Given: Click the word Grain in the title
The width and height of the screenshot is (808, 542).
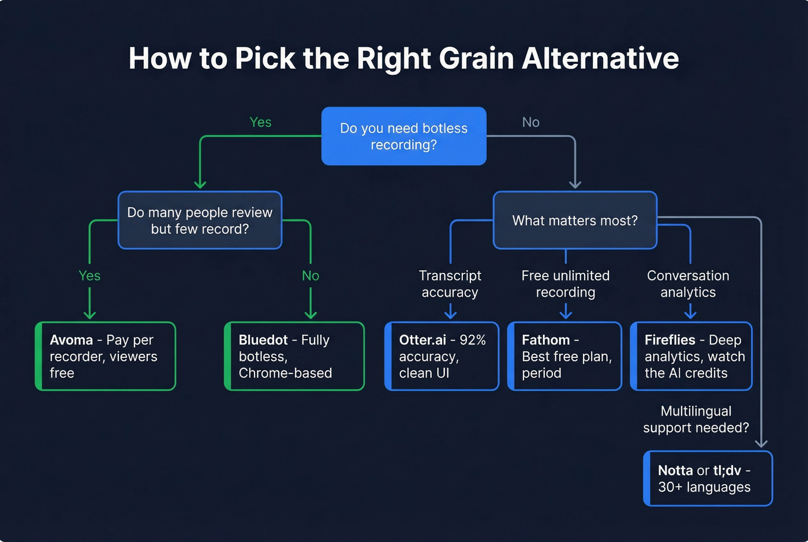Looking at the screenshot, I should [476, 58].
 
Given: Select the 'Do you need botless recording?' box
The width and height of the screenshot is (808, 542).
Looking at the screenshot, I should [403, 136].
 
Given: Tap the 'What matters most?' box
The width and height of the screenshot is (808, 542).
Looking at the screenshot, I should [575, 220].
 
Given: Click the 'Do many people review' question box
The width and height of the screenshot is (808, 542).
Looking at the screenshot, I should [200, 220].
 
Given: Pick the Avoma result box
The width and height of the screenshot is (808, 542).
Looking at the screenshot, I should [106, 356].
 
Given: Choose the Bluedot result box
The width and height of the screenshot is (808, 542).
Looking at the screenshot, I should [294, 356].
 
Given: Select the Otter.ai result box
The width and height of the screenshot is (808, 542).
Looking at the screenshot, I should [442, 356].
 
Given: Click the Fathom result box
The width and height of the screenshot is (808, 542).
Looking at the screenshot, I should [565, 356].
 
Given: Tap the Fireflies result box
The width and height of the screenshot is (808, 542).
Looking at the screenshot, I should [691, 356].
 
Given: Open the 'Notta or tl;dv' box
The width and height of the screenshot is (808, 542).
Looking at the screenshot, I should [708, 479].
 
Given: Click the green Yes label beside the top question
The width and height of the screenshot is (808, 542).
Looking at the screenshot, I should [260, 122].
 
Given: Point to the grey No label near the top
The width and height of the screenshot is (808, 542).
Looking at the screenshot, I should [530, 122].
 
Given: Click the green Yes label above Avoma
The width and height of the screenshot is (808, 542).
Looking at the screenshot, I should [89, 276].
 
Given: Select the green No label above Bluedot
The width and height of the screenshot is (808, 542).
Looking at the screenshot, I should [311, 276].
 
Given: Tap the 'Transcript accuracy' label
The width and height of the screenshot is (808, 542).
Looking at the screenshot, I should [450, 284].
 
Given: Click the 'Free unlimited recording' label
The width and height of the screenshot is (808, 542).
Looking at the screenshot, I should [566, 284].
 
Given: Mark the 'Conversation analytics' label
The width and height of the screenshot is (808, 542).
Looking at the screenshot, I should [688, 284].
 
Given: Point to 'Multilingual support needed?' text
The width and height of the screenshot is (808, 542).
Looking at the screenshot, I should [696, 420].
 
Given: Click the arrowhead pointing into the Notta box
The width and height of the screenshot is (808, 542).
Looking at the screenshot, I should [761, 443].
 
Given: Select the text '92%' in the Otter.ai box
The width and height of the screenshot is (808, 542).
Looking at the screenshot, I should [473, 340].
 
